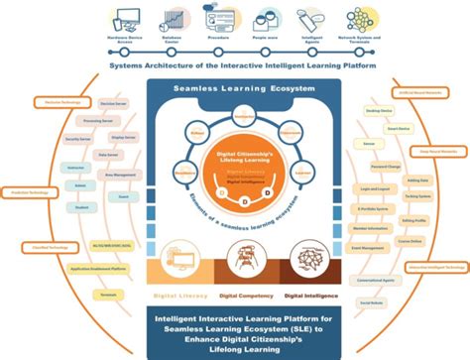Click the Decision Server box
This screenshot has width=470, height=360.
(x=120, y=101)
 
